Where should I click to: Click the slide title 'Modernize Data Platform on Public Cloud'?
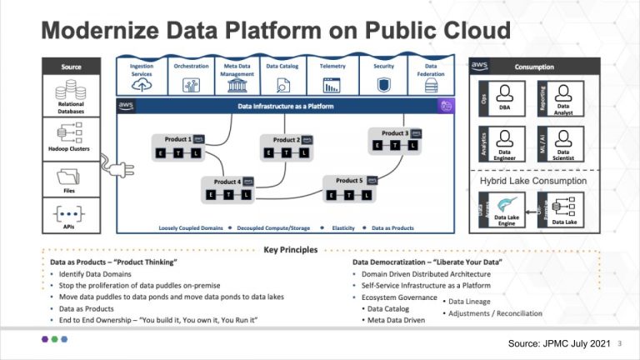point(276,31)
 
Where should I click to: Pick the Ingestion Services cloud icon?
point(142,85)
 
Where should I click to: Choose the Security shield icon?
point(383,85)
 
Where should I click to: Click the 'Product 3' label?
point(395,132)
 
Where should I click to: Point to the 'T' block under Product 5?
point(344,196)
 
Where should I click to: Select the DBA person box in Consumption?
point(504,98)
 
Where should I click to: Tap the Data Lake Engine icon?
point(504,204)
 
